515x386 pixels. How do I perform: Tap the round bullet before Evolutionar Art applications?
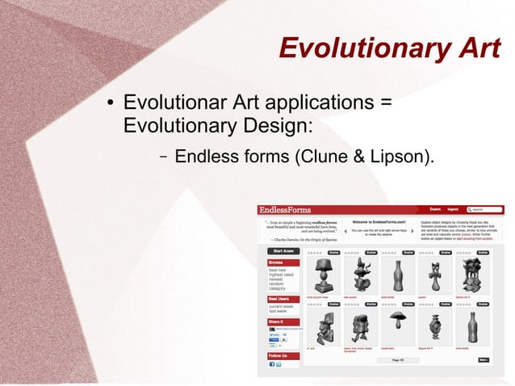click(108, 104)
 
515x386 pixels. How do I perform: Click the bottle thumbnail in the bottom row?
click(473, 327)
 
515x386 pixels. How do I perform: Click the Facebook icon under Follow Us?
click(272, 364)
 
